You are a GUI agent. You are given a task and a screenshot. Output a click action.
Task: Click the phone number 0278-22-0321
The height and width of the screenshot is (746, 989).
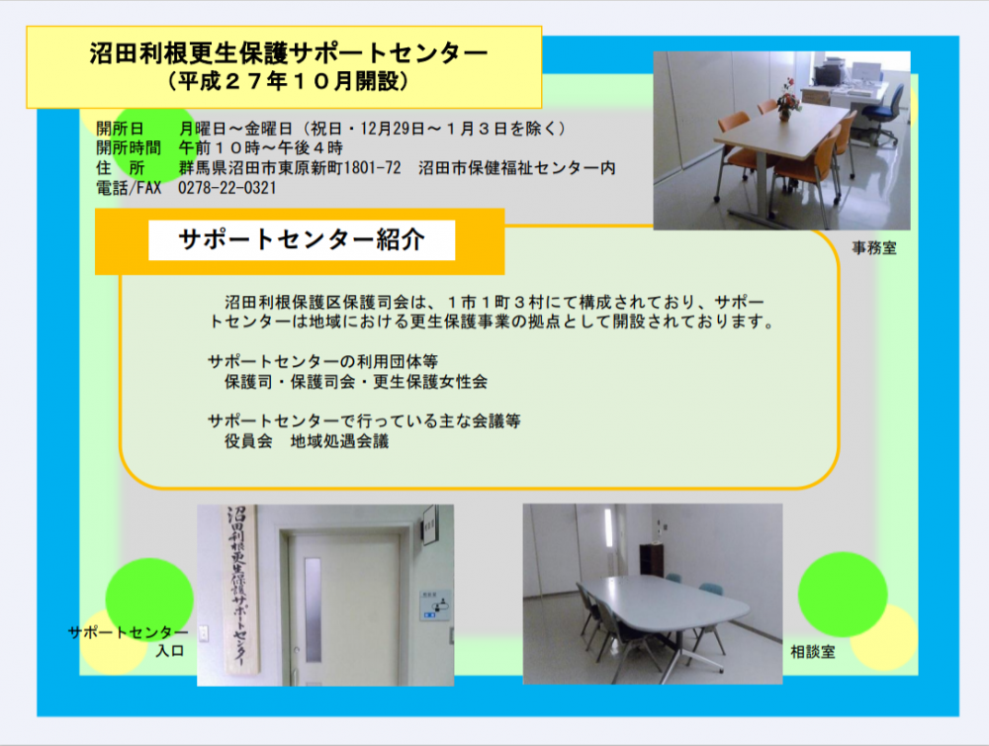[x=227, y=187]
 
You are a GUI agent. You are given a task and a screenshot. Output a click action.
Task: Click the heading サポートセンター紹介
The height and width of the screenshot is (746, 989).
[x=302, y=239]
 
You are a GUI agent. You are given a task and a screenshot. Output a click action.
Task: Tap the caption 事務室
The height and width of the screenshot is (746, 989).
[x=874, y=248]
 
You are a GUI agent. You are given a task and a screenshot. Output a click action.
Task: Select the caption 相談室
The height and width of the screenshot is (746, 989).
[x=813, y=652]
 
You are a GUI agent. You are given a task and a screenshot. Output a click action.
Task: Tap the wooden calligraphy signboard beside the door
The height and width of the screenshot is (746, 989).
[x=241, y=589]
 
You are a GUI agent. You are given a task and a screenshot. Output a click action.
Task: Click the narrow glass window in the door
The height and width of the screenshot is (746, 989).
[x=313, y=609]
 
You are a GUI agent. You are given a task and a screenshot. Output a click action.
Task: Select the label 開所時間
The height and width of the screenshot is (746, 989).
[x=129, y=148]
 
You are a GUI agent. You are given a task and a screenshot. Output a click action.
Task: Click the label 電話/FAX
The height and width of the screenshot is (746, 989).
[x=129, y=187]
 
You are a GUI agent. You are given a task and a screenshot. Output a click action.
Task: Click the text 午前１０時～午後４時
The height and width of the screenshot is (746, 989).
[x=260, y=148]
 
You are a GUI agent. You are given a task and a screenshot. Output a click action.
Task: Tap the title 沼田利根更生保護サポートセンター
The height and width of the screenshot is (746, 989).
[x=288, y=53]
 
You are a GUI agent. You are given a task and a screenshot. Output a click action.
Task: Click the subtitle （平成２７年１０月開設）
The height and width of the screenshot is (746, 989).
[x=288, y=81]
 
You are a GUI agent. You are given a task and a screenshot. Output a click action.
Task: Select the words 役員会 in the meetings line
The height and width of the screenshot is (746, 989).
[x=248, y=441]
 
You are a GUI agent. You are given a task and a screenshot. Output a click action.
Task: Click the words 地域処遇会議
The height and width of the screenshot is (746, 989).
[x=339, y=441]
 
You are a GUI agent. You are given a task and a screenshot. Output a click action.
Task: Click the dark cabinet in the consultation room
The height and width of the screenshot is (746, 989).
[x=652, y=560]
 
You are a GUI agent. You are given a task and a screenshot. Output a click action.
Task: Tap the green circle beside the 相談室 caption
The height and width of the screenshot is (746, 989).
[x=843, y=595]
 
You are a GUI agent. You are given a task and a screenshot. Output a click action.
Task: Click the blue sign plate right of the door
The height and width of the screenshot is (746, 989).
[x=435, y=605]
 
